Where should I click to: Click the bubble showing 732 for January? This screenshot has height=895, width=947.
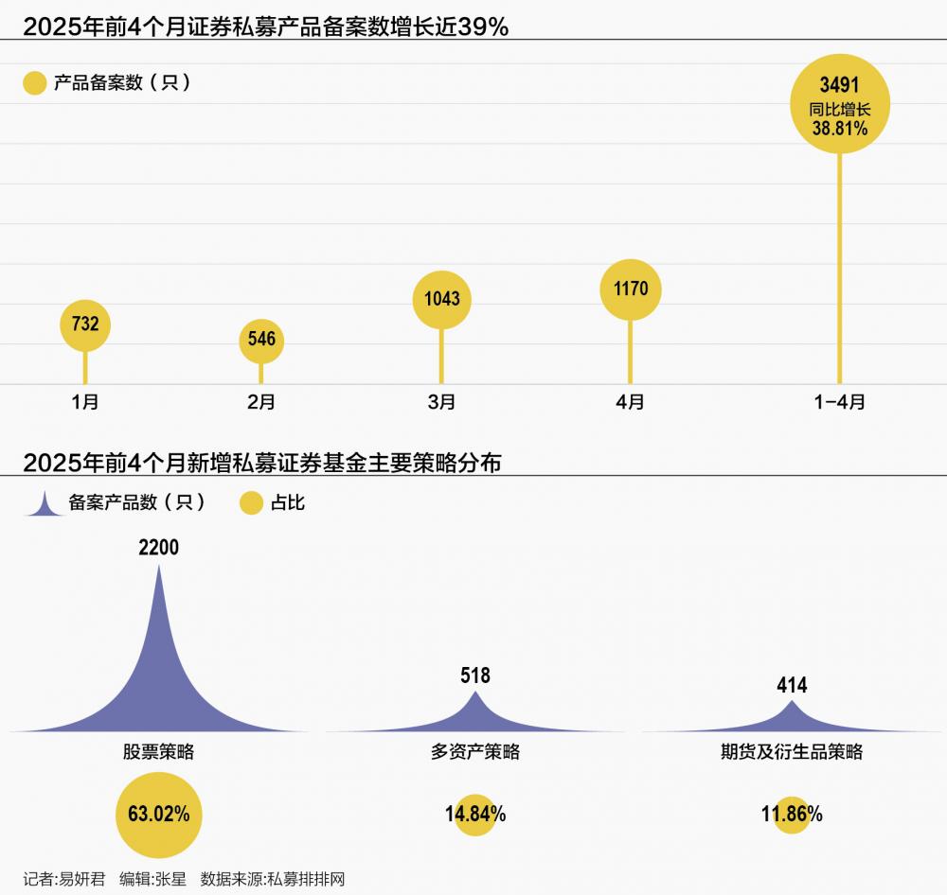point(85,325)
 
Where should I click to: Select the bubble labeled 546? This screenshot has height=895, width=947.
point(261,339)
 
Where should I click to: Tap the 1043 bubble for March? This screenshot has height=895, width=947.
point(441,299)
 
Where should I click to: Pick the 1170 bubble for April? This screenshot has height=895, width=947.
point(631,288)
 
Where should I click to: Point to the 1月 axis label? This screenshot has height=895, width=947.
point(85,402)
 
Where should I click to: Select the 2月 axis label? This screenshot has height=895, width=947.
point(261,402)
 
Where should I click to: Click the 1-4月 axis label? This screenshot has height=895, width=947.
point(840,402)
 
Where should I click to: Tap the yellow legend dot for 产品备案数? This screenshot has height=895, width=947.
point(35,83)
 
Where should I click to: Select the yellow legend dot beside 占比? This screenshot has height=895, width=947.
point(251,503)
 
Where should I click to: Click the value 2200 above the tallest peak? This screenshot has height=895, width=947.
point(158,548)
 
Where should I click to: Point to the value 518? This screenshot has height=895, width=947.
point(475,676)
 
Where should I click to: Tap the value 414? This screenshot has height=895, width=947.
point(792,685)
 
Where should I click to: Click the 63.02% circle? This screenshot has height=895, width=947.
point(158,814)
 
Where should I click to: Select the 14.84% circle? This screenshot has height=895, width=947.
point(475,814)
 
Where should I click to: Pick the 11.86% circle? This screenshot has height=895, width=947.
point(792,814)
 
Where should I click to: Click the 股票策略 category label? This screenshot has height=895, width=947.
point(158,753)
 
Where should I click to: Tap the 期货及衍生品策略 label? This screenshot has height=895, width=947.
point(792,753)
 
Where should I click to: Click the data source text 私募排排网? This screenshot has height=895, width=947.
point(306,879)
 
